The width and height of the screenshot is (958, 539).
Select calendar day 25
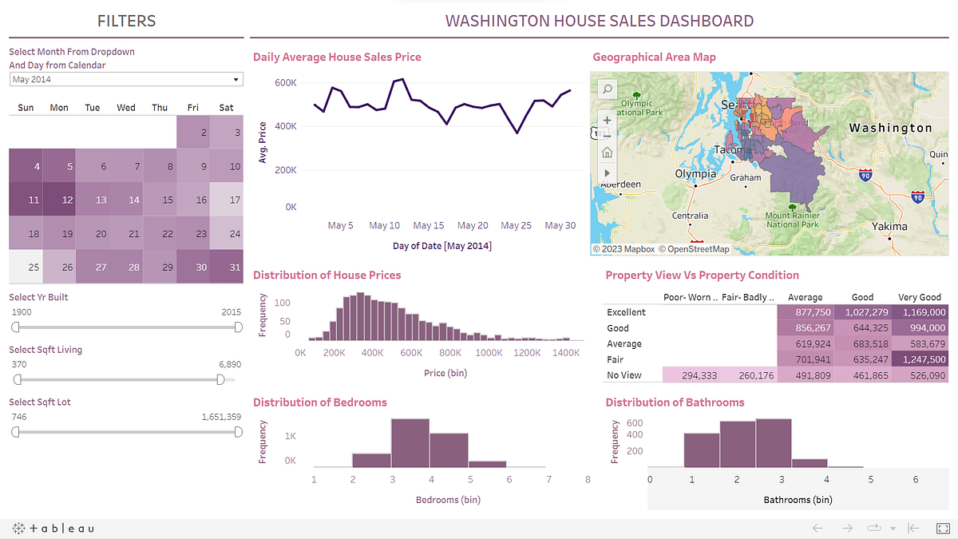pyautogui.click(x=26, y=267)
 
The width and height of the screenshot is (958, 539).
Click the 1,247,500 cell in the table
pyautogui.click(x=920, y=359)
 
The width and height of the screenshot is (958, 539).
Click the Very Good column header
pyautogui.click(x=920, y=297)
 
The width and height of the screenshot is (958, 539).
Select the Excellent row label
pyautogui.click(x=626, y=312)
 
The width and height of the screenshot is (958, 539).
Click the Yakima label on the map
pyautogui.click(x=889, y=226)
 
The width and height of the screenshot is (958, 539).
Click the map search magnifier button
pyautogui.click(x=607, y=89)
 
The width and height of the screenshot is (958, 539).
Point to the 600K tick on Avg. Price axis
pyautogui.click(x=285, y=82)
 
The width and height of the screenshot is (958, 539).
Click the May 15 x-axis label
pyautogui.click(x=428, y=226)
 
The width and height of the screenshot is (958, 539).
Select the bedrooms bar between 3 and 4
pyautogui.click(x=410, y=443)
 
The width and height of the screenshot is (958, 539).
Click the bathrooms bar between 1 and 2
pyautogui.click(x=702, y=450)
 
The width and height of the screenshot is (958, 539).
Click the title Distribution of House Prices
pyautogui.click(x=327, y=275)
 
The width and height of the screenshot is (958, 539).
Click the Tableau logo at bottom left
pyautogui.click(x=54, y=528)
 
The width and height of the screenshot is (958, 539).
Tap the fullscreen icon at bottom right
pyautogui.click(x=941, y=528)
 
